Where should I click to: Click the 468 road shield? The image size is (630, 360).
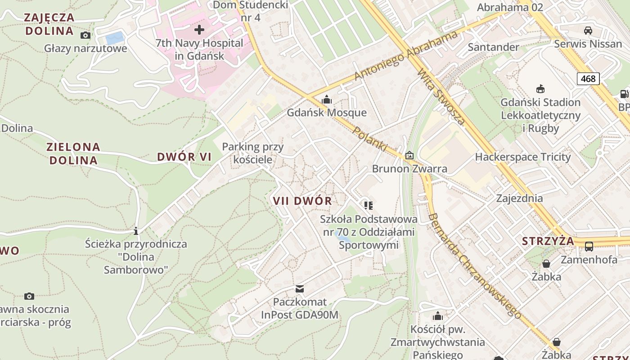pos(588,79)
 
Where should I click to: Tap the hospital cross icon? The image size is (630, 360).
pos(199,30)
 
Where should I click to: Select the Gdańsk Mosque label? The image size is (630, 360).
pos(327,112)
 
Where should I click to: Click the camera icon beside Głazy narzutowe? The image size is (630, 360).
pos(85,35)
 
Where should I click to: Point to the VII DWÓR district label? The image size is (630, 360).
pos(302,201)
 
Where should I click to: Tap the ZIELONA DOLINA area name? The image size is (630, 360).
pos(73,153)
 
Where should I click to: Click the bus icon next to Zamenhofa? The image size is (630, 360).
pos(589,246)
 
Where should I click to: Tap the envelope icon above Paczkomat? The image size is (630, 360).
pos(299,288)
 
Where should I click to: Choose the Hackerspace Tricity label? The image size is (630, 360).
pos(522,157)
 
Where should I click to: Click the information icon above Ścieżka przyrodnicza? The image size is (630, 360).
pos(136,231)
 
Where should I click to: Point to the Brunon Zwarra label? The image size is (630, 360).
pos(409,169)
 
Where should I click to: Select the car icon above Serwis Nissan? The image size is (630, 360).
pos(588,31)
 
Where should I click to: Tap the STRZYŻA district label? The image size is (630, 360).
pos(548,241)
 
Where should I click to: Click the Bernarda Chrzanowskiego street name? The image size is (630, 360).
pos(475,265)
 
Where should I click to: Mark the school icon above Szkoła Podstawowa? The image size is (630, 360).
pos(369,206)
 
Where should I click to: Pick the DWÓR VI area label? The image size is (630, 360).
pos(184,157)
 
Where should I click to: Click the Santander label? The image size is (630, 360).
pos(493,47)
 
